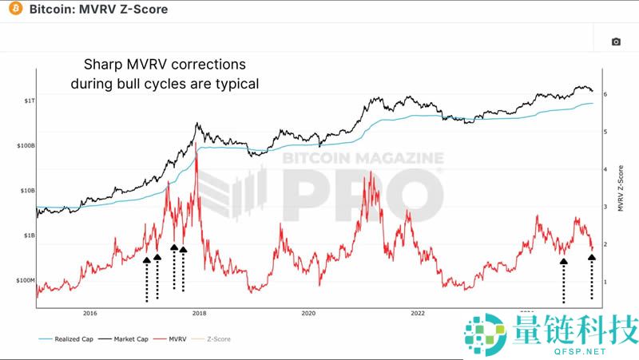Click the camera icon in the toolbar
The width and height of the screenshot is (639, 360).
pyautogui.click(x=616, y=42)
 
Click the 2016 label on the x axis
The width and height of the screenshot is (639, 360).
pyautogui.click(x=89, y=313)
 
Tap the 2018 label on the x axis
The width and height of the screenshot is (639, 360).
pyautogui.click(x=199, y=313)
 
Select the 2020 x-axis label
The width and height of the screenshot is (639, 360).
pyautogui.click(x=308, y=313)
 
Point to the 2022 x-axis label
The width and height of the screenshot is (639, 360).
pyautogui.click(x=417, y=313)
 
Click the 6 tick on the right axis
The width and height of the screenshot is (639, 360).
pyautogui.click(x=606, y=94)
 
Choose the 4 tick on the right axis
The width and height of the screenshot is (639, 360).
pyautogui.click(x=606, y=169)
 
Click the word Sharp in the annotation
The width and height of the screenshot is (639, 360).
pyautogui.click(x=104, y=64)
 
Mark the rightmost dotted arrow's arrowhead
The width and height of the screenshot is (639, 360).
pyautogui.click(x=591, y=257)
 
